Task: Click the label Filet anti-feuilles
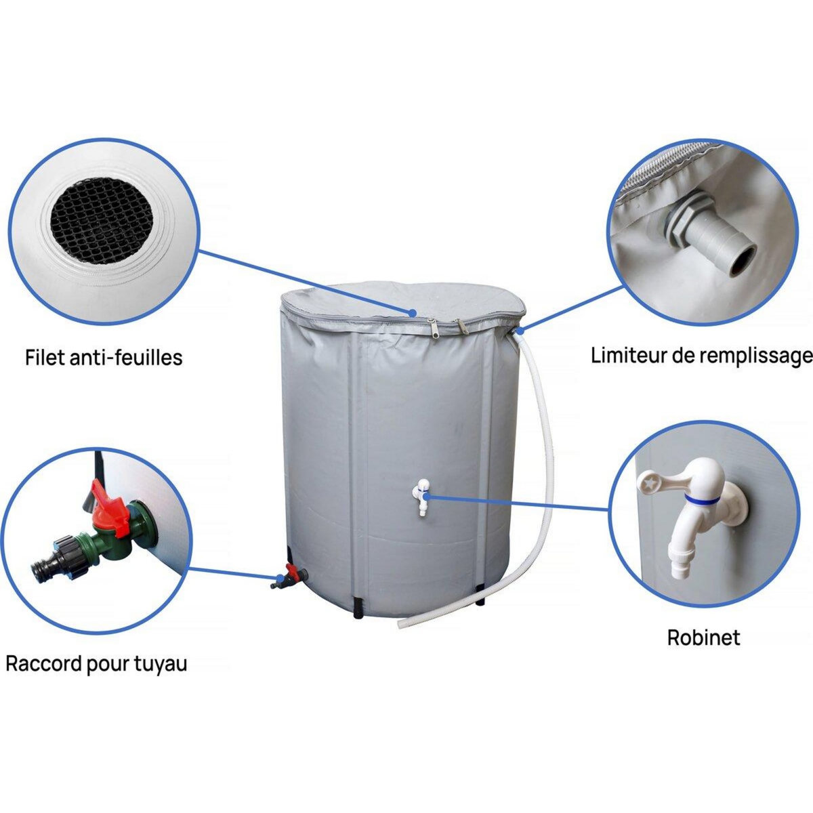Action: click(104, 357)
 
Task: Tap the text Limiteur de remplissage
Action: click(702, 355)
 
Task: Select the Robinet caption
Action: click(703, 638)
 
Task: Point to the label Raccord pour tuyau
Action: click(96, 663)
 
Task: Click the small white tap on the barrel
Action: click(423, 498)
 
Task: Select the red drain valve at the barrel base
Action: click(291, 572)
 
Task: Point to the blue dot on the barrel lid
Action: click(413, 312)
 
